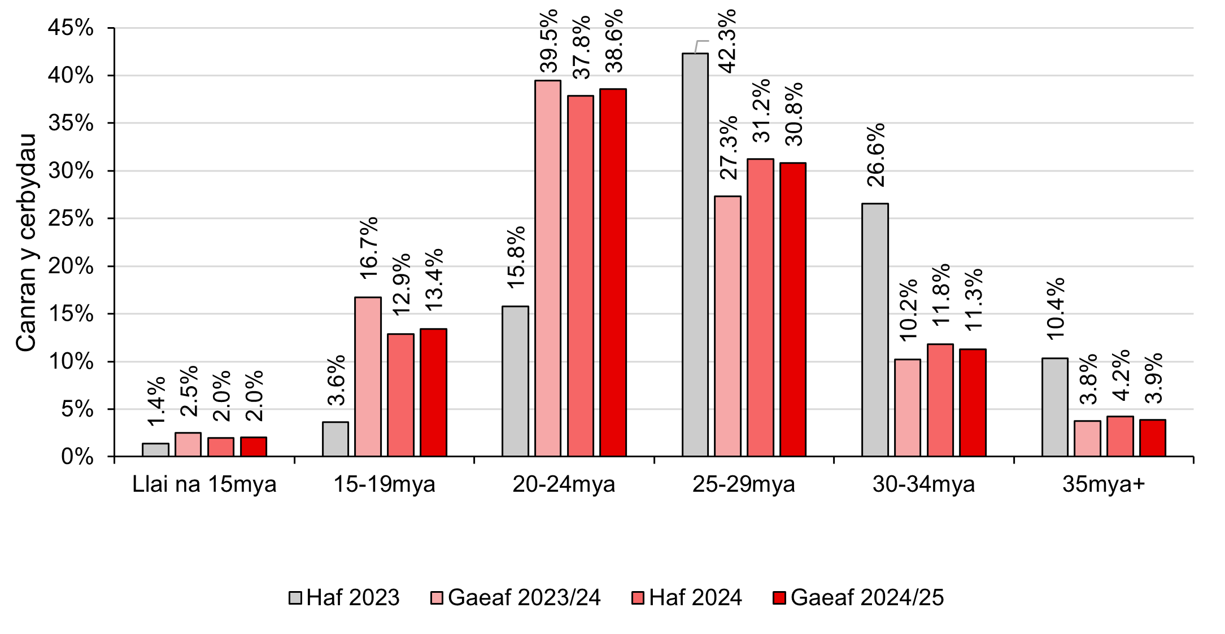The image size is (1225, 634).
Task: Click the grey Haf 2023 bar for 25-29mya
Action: (695, 254)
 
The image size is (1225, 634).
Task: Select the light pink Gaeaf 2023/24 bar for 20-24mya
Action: (548, 268)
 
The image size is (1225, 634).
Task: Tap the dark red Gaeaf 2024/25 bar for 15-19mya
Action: (433, 392)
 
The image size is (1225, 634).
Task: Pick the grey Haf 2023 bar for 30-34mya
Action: (875, 330)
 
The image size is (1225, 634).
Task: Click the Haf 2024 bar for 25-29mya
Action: (760, 308)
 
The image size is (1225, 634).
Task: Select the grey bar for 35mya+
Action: (1054, 407)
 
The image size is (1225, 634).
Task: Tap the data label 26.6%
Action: (876, 155)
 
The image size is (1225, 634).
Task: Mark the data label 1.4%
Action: (156, 401)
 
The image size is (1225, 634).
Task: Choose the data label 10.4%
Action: (1055, 308)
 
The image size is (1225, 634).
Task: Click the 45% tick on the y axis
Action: (71, 28)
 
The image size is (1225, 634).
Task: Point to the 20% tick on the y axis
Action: (71, 266)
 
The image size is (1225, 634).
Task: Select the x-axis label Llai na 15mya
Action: (204, 484)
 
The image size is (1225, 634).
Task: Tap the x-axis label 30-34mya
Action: (923, 484)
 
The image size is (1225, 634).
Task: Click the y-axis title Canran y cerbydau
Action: (26, 243)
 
